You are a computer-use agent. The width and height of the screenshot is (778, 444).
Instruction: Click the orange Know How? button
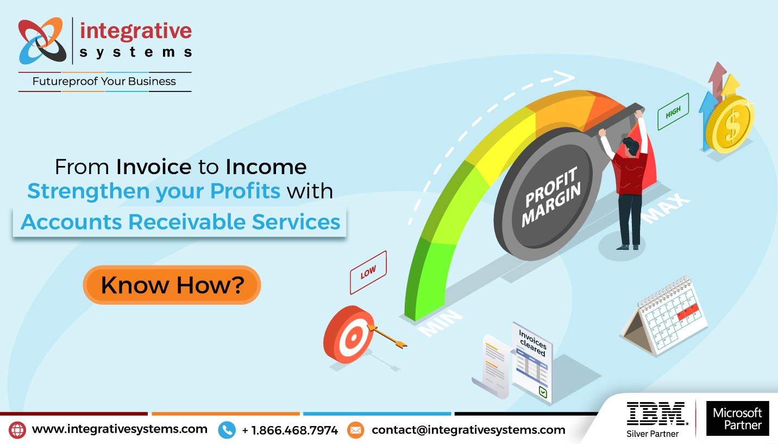click(172, 285)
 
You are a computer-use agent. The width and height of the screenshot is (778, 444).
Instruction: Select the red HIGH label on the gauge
click(673, 112)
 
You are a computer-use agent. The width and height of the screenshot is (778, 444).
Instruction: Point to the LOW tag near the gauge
click(368, 272)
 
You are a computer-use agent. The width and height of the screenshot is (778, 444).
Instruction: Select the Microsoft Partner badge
click(737, 418)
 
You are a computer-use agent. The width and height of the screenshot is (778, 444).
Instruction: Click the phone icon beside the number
click(227, 430)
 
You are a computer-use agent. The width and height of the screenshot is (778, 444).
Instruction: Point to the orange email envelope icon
click(355, 430)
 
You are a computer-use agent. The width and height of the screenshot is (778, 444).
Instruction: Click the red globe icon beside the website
click(18, 430)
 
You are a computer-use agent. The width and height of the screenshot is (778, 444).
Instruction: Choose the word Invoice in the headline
click(154, 166)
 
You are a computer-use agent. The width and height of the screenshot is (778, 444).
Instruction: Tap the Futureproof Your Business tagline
click(104, 82)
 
